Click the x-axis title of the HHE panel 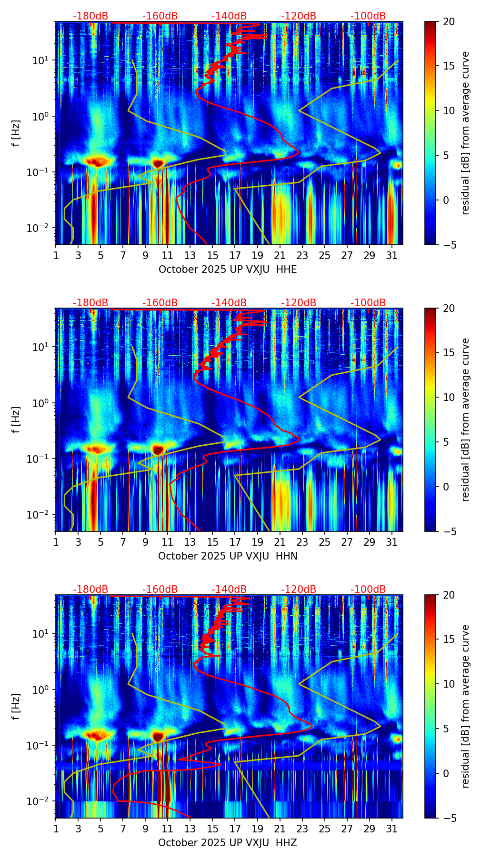pyautogui.click(x=228, y=270)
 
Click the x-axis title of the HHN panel pyautogui.click(x=228, y=556)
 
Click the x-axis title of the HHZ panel pyautogui.click(x=228, y=843)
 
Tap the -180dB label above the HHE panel pyautogui.click(x=90, y=16)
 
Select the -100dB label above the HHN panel pyautogui.click(x=368, y=303)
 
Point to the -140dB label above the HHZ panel pyautogui.click(x=229, y=590)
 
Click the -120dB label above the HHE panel pyautogui.click(x=299, y=16)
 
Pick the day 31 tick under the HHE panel pyautogui.click(x=392, y=256)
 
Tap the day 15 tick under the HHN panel pyautogui.click(x=213, y=542)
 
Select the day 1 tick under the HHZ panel pyautogui.click(x=56, y=829)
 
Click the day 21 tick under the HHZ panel pyautogui.click(x=280, y=829)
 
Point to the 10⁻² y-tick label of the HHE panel pyautogui.click(x=39, y=228)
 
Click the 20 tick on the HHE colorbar pyautogui.click(x=449, y=21)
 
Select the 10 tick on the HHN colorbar pyautogui.click(x=449, y=397)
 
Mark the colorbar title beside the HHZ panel pyautogui.click(x=465, y=706)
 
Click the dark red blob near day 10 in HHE pyautogui.click(x=158, y=163)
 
